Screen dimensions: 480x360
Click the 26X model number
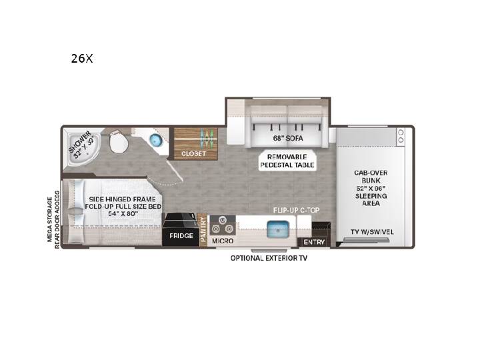(x=82, y=58)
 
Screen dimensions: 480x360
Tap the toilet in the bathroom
(x=118, y=142)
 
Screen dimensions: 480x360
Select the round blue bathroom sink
(x=155, y=140)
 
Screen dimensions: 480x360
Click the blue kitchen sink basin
(x=278, y=229)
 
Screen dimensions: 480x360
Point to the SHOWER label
(x=79, y=142)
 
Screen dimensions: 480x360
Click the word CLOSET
(x=193, y=153)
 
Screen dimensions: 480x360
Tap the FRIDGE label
(x=181, y=236)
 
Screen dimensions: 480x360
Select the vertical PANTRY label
(x=203, y=229)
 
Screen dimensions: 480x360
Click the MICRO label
(x=223, y=241)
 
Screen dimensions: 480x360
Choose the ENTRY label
(x=314, y=242)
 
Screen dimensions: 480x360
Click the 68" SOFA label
(x=288, y=139)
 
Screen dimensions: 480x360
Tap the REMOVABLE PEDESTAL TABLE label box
(x=287, y=161)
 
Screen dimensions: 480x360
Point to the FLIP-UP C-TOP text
(x=296, y=210)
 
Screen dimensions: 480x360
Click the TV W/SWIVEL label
(x=372, y=232)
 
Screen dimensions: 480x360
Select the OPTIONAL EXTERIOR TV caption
(x=269, y=258)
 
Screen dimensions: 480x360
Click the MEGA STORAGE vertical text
(x=49, y=219)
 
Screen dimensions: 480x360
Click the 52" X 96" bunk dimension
(x=371, y=188)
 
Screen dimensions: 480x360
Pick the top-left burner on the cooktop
(x=221, y=220)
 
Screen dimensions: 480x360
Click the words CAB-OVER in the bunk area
(x=371, y=173)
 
